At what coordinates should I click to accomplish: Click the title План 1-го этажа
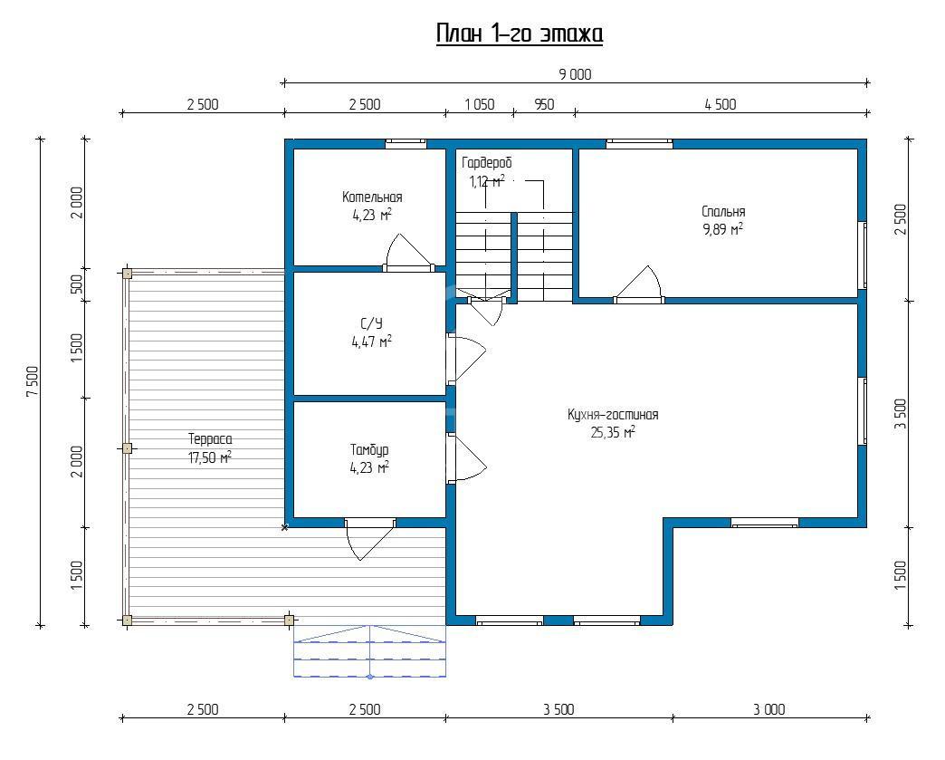point(520,34)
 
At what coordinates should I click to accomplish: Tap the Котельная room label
point(372,197)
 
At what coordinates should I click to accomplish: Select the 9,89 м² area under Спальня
point(722,229)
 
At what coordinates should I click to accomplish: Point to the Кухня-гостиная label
point(613,414)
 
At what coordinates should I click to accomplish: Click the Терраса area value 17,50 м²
point(210,457)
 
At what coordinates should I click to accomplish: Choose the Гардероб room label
point(487,163)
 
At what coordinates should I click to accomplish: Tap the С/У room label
point(371,324)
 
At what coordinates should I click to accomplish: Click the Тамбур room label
point(369,450)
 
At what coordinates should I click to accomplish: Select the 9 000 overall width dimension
point(575,75)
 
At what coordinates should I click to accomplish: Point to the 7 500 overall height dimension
point(33,381)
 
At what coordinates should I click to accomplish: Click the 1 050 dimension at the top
point(480,104)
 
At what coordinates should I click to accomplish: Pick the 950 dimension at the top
point(544,104)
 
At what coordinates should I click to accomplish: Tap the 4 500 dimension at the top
point(721,104)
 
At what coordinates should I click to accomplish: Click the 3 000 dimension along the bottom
point(769,709)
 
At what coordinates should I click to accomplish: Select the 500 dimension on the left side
point(77,284)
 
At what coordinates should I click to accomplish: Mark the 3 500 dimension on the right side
point(901,414)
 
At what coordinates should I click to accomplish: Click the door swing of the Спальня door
point(640,283)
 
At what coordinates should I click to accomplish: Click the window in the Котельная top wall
point(406,143)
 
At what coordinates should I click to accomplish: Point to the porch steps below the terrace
point(369,651)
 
